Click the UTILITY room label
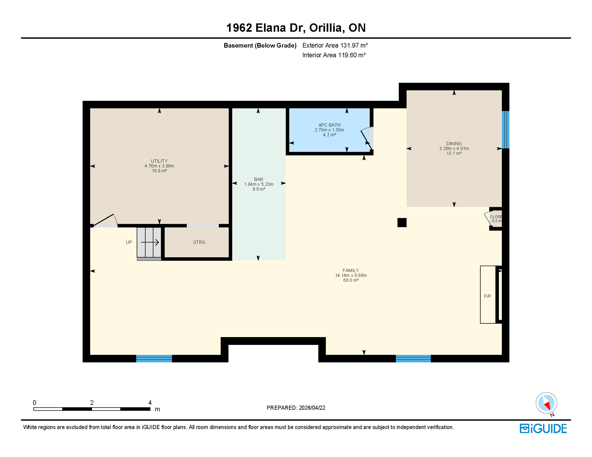point(159,161)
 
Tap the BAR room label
point(258,179)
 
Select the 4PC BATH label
point(329,125)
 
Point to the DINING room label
point(454,144)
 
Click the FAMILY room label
point(350,270)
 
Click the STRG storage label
point(199,242)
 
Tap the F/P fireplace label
point(487,296)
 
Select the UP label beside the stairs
point(129,242)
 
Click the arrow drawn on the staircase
point(150,242)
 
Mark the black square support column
point(402,223)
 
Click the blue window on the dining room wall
point(505,130)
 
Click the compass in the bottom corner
point(546,403)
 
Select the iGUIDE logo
point(543,428)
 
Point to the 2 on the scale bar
point(92,403)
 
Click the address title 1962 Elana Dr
point(296,28)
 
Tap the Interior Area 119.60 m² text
point(334,55)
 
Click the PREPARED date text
point(296,408)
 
